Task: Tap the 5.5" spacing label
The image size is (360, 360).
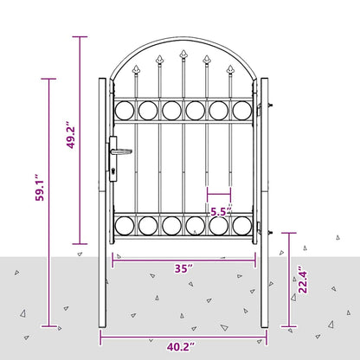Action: pos(219,210)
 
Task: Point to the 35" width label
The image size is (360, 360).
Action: pos(183,268)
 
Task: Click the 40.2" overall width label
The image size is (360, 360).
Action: pos(181,346)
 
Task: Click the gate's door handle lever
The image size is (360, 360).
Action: pos(121,150)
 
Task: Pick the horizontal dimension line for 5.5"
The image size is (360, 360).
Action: pos(219,196)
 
